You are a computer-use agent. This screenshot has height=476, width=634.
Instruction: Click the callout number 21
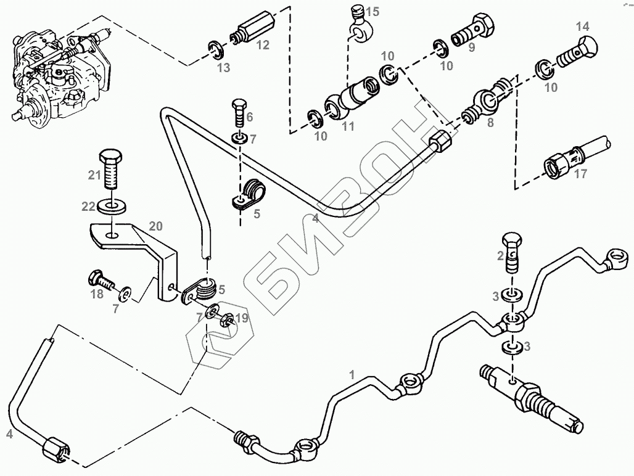94,175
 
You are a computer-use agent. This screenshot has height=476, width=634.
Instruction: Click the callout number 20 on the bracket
155,226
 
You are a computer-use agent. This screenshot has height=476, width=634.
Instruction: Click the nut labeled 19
226,319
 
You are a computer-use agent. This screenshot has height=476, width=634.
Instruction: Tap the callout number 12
263,45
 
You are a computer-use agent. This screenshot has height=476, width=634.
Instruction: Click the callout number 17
580,174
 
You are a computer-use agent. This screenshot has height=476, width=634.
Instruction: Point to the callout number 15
373,12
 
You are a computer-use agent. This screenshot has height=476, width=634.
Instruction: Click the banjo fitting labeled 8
487,99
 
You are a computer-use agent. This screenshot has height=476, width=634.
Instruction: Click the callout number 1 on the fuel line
352,374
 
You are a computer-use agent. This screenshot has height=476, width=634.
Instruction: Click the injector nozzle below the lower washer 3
530,398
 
